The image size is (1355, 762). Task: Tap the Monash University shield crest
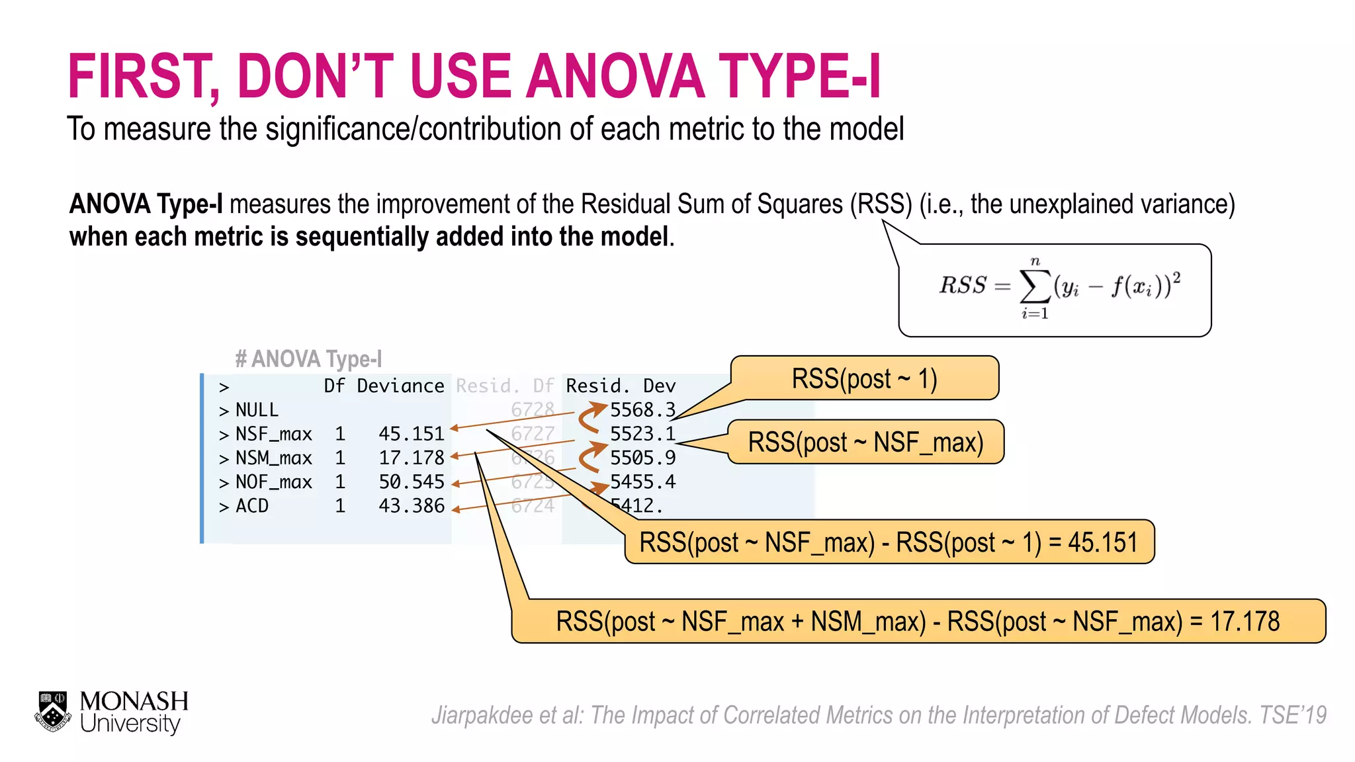(x=53, y=712)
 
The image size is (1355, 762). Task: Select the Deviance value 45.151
(x=411, y=434)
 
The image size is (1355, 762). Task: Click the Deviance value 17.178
(x=411, y=458)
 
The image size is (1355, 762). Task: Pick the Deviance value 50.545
(x=411, y=482)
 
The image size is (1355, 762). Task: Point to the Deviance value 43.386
(x=411, y=506)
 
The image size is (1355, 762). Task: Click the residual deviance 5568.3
(x=642, y=410)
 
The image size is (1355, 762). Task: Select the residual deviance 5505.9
(x=642, y=458)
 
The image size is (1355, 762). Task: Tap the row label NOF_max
(x=273, y=482)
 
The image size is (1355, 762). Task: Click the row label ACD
(x=252, y=506)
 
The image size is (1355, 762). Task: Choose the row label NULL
(x=257, y=410)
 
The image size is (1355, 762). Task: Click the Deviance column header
(x=400, y=386)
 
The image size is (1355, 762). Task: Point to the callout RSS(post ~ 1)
(x=864, y=379)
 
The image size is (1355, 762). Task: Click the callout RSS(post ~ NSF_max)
(x=865, y=442)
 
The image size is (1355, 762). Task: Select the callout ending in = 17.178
(x=918, y=621)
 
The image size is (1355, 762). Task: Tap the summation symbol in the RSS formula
(x=1035, y=286)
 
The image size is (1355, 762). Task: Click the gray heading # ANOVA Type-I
(x=308, y=359)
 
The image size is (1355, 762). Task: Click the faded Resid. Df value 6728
(x=532, y=410)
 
